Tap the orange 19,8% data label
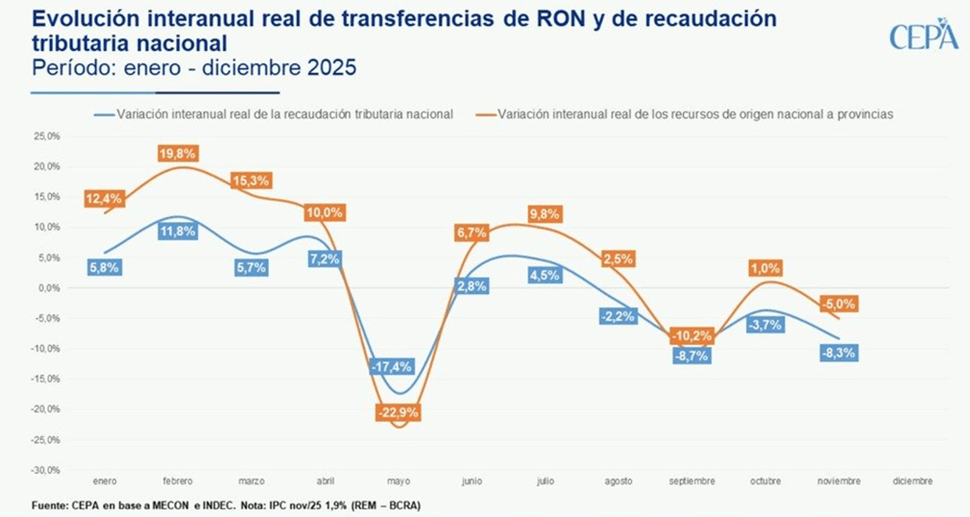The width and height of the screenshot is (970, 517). click(179, 153)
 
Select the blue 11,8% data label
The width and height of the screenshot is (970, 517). click(179, 231)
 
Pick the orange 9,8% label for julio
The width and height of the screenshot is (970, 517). click(544, 214)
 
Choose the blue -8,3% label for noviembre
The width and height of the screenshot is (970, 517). click(837, 353)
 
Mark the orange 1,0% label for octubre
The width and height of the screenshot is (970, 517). click(766, 268)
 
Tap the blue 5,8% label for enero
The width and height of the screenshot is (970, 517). click(104, 268)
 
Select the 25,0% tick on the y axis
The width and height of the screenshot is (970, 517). click(46, 136)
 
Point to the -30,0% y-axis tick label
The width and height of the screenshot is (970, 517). click(45, 471)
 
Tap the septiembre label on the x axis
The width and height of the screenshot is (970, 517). click(691, 480)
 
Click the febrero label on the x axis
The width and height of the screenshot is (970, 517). click(179, 480)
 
